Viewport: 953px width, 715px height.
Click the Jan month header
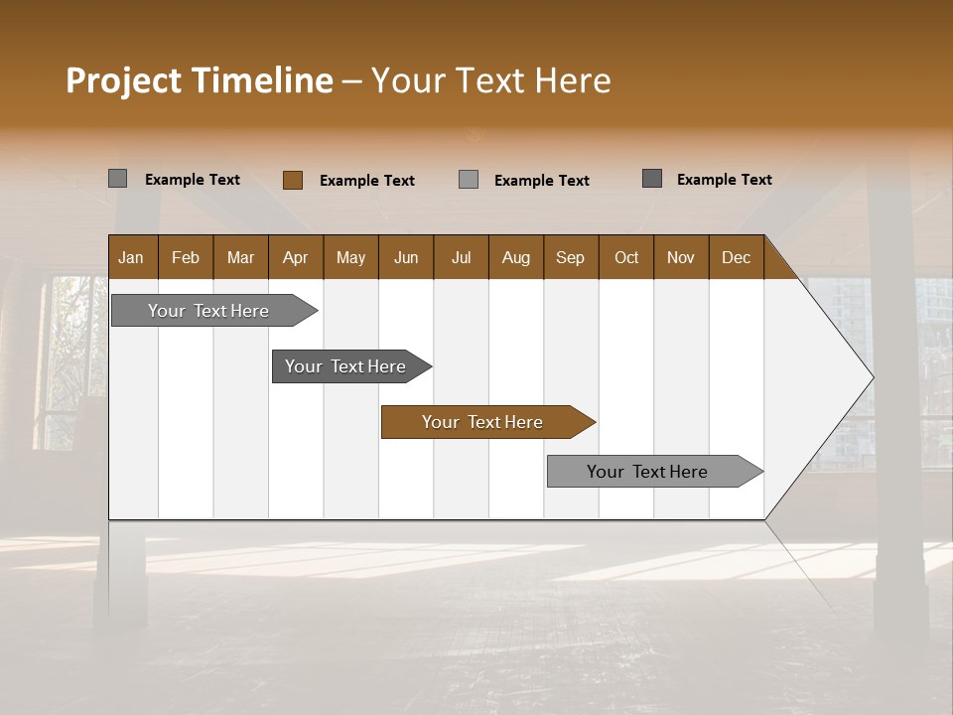(x=132, y=257)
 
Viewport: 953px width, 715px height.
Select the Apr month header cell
(x=296, y=257)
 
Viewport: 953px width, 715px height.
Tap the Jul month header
(x=461, y=257)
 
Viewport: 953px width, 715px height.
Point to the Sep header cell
(x=571, y=257)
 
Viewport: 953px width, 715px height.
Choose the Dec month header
(x=736, y=257)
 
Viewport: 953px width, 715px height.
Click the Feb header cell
(x=186, y=257)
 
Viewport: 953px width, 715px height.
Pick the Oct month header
(x=626, y=257)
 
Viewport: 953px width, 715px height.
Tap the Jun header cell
(x=406, y=257)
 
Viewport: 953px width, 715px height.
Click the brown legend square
(x=293, y=180)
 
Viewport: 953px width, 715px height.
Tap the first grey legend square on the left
(x=118, y=179)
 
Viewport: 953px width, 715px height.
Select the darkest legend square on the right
(x=652, y=179)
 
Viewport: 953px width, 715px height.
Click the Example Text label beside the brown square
(x=366, y=181)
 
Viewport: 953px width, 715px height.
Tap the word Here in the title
(x=573, y=80)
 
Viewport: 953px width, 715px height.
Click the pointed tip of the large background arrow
(x=870, y=377)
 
